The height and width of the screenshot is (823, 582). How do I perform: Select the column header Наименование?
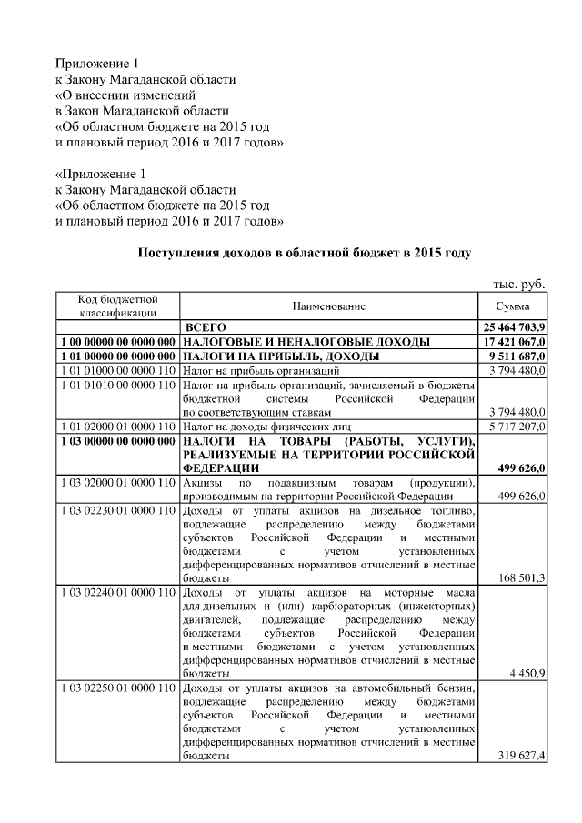pyautogui.click(x=329, y=306)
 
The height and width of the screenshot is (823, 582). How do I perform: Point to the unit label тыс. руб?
pyautogui.click(x=518, y=284)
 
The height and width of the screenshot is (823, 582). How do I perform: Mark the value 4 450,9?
pyautogui.click(x=527, y=674)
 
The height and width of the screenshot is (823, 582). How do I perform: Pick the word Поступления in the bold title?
pyautogui.click(x=178, y=252)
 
